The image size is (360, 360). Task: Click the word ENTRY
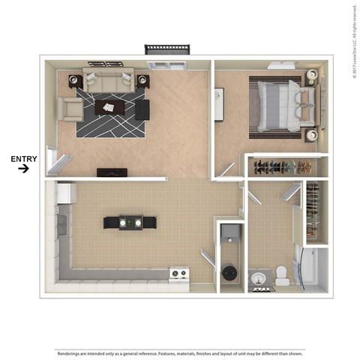(x=22, y=158)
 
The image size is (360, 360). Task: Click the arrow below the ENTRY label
(x=23, y=169)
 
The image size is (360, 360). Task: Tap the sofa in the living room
(x=109, y=79)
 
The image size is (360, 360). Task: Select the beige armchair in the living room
(x=70, y=109)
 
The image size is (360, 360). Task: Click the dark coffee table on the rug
(x=110, y=107)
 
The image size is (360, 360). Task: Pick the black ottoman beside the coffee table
(x=142, y=109)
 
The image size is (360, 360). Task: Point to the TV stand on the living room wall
(x=112, y=172)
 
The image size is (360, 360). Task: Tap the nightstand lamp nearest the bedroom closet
(x=311, y=136)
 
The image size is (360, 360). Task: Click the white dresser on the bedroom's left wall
(x=219, y=99)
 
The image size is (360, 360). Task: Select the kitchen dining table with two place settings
(x=130, y=222)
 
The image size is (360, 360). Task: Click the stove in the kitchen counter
(x=178, y=274)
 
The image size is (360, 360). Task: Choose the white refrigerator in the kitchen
(x=65, y=193)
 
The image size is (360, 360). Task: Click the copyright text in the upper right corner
(x=352, y=37)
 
